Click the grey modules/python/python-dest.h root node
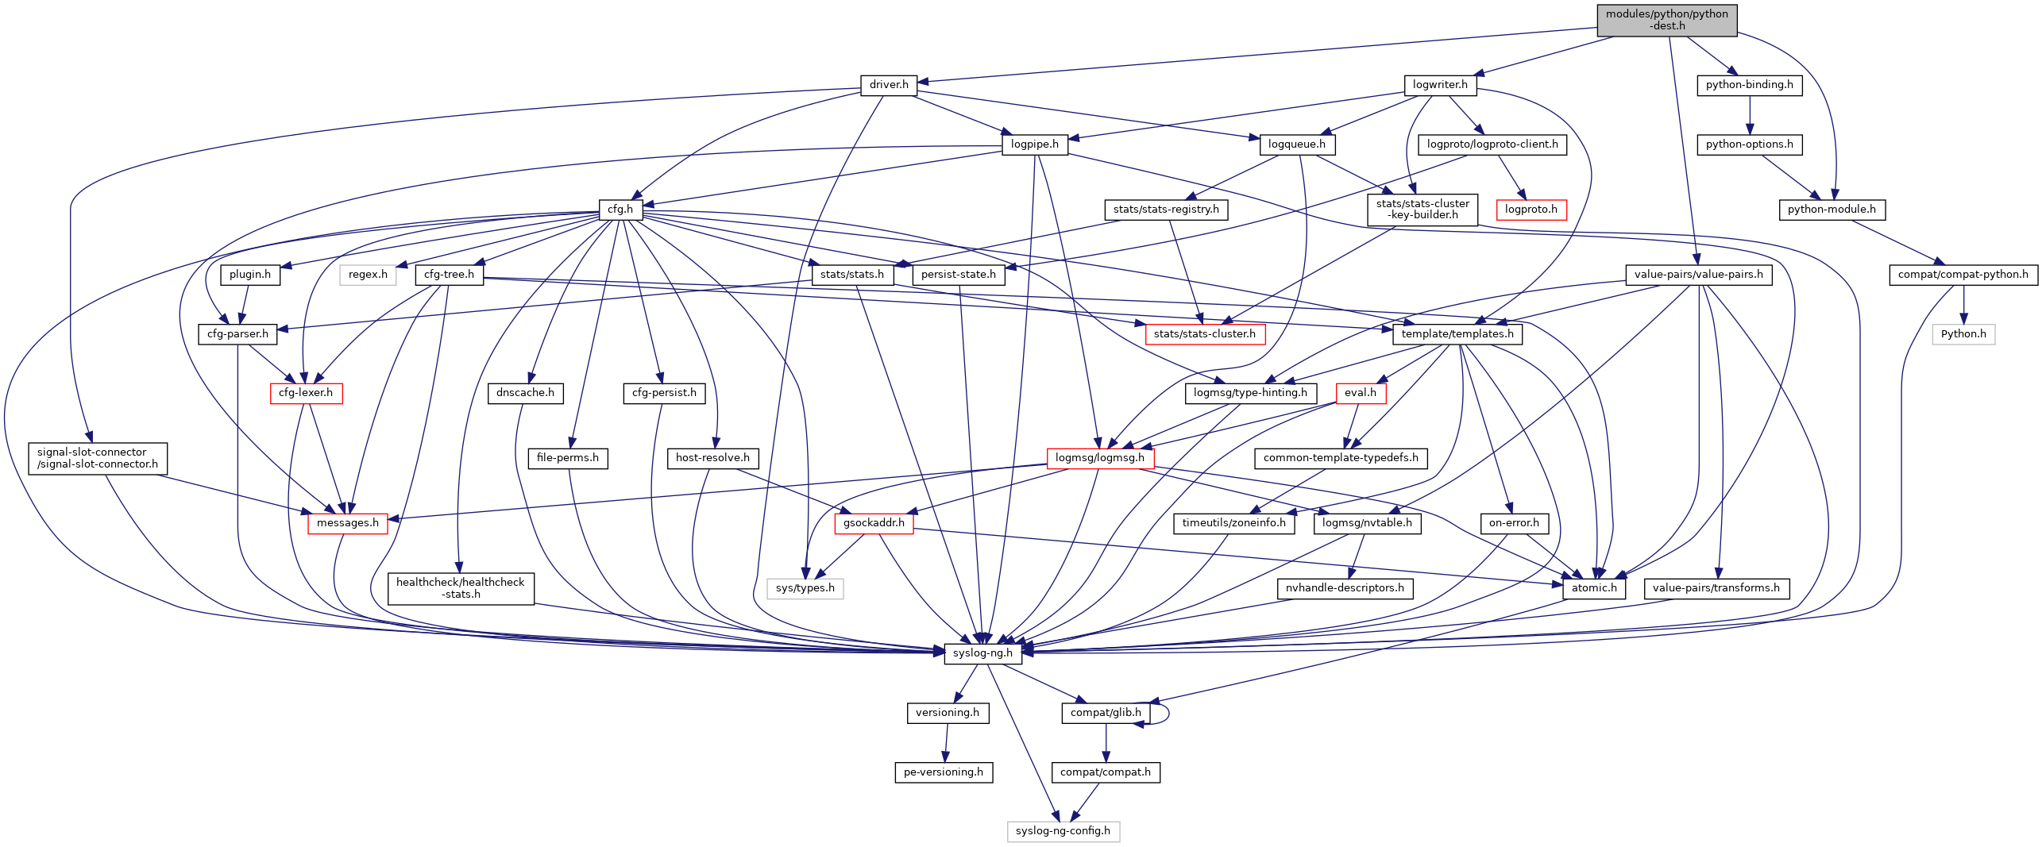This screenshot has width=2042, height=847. click(x=1666, y=20)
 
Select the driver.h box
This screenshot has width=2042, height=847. click(x=888, y=85)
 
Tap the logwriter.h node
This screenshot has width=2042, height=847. click(x=1440, y=85)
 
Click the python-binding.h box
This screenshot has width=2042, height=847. click(x=1749, y=85)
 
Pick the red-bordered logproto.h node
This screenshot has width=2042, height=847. click(x=1531, y=210)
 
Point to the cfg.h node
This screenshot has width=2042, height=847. click(x=620, y=210)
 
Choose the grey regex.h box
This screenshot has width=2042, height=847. click(x=368, y=275)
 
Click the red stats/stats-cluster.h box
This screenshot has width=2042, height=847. click(x=1204, y=334)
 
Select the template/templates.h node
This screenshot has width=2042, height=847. click(x=1457, y=334)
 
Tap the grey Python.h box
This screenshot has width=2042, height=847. click(x=1963, y=334)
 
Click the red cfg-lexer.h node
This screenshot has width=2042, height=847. click(x=306, y=393)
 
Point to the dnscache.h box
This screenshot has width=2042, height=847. click(x=525, y=393)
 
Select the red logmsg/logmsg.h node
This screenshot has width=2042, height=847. click(x=1099, y=458)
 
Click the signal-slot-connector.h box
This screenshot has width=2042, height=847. click(x=98, y=458)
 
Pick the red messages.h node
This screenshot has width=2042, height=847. click(x=347, y=523)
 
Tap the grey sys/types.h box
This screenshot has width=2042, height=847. click(x=805, y=588)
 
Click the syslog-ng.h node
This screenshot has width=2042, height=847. click(x=982, y=653)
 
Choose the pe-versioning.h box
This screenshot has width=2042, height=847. click(x=944, y=772)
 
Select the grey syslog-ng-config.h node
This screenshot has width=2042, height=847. click(x=1063, y=831)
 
